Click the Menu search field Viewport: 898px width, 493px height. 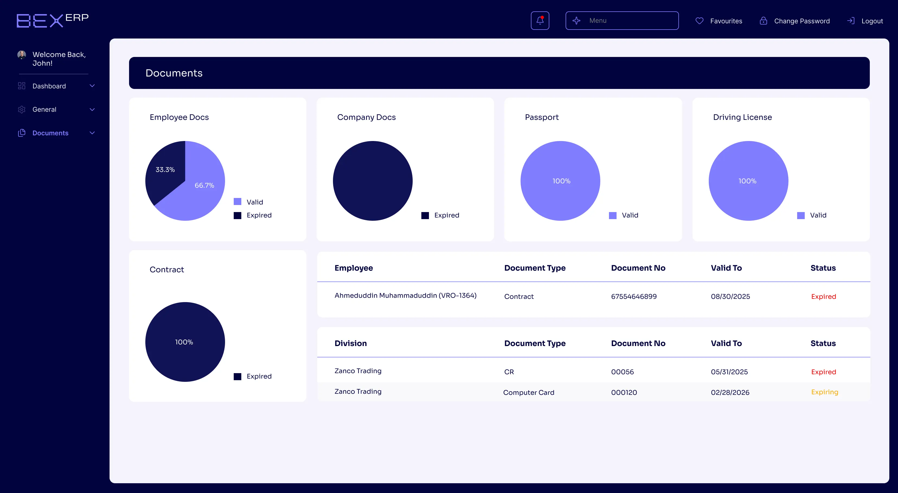coord(622,21)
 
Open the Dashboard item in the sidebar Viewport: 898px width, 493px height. coord(49,86)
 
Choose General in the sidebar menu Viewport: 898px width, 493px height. coord(44,110)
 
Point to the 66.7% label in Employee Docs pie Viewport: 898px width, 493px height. coord(204,185)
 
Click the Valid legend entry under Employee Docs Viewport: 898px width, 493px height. coord(255,202)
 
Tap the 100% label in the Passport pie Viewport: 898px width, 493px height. coord(561,181)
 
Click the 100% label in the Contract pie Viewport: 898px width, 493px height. coord(184,342)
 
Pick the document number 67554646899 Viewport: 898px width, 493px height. coord(634,296)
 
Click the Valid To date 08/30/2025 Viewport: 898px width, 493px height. coord(730,296)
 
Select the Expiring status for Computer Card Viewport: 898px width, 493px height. coord(825,392)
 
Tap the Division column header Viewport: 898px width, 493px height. coord(350,343)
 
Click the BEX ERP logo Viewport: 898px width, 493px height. coord(53,20)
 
